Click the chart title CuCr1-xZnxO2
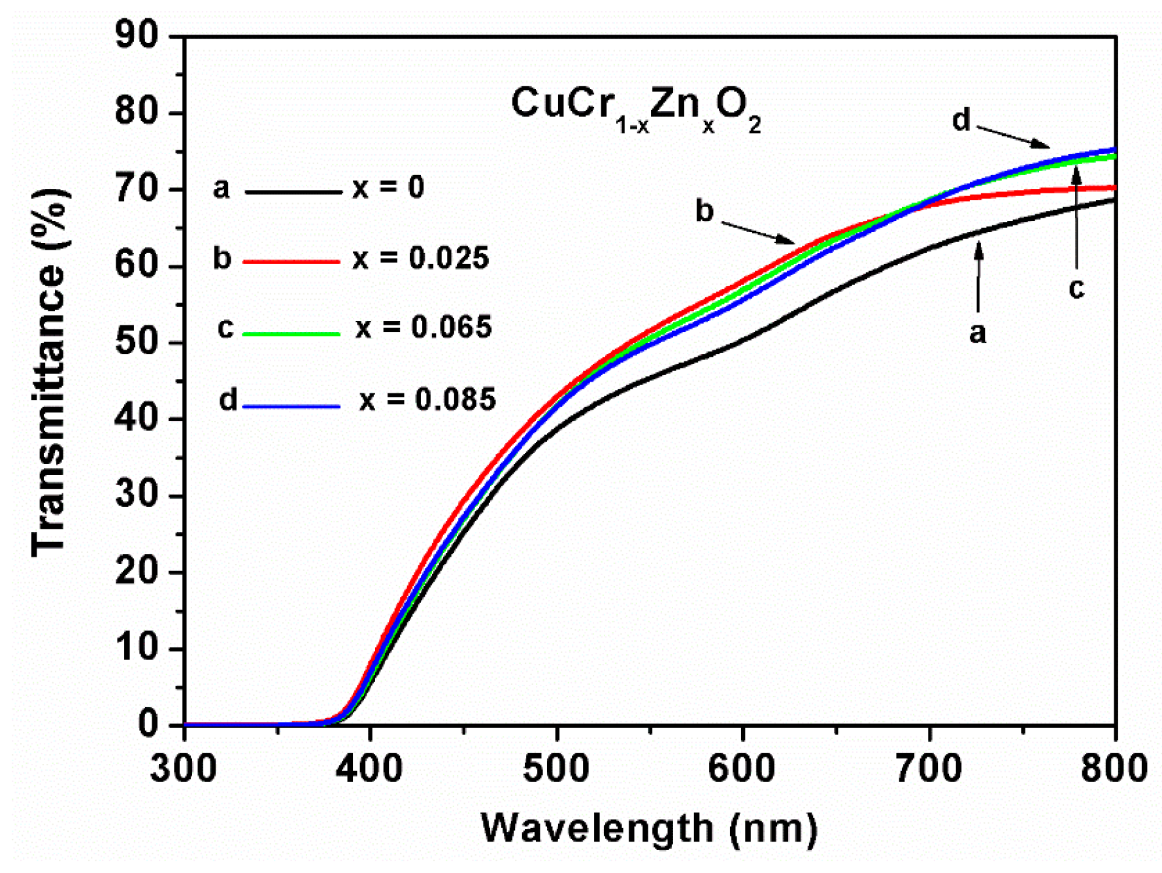click(x=635, y=108)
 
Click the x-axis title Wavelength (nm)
click(x=649, y=829)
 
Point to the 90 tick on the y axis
click(x=137, y=35)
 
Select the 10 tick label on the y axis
click(x=137, y=648)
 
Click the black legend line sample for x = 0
click(x=293, y=191)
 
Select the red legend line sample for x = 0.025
click(x=291, y=261)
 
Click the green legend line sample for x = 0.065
click(x=291, y=333)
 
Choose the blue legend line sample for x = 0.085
click(x=291, y=406)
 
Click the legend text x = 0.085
click(x=428, y=399)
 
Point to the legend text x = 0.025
click(x=421, y=258)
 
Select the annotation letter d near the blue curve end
click(x=961, y=120)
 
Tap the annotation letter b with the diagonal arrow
click(x=704, y=211)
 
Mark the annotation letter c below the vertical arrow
click(x=1076, y=288)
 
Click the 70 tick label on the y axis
click(x=137, y=189)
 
